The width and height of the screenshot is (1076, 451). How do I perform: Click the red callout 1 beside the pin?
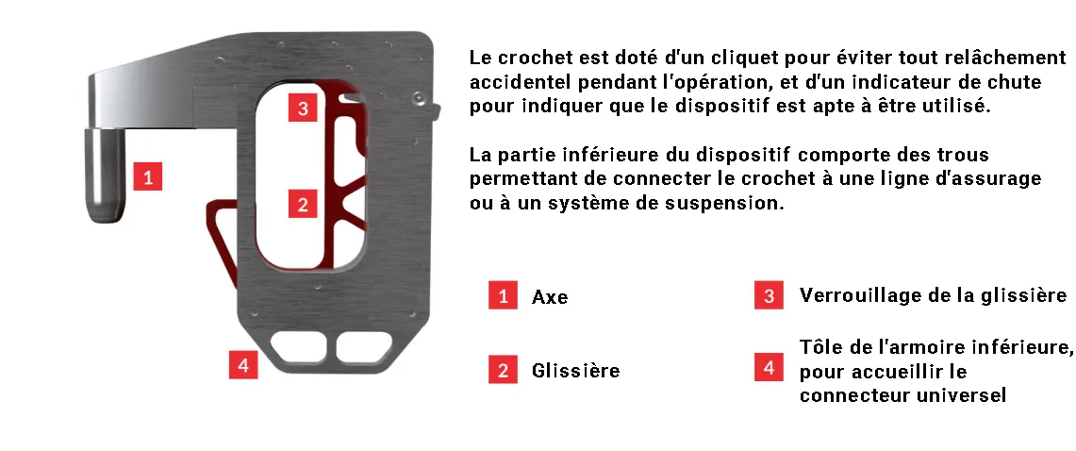[x=147, y=175]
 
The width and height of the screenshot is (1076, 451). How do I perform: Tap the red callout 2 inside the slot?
[x=303, y=203]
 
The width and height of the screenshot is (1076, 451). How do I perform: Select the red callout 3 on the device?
[x=303, y=108]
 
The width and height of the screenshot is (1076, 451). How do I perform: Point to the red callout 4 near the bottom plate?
[x=243, y=364]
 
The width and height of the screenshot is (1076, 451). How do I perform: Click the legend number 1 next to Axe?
[x=503, y=295]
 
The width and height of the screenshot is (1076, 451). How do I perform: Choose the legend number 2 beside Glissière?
[x=503, y=369]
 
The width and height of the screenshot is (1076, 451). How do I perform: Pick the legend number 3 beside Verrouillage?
[x=769, y=295]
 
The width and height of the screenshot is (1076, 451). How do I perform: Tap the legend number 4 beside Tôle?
[x=769, y=367]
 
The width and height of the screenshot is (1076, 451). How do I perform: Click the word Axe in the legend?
[x=550, y=297]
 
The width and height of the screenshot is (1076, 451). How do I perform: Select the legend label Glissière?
[x=576, y=371]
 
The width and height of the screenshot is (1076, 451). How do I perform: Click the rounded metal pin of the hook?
[x=105, y=175]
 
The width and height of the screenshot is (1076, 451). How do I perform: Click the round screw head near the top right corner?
[x=418, y=99]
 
